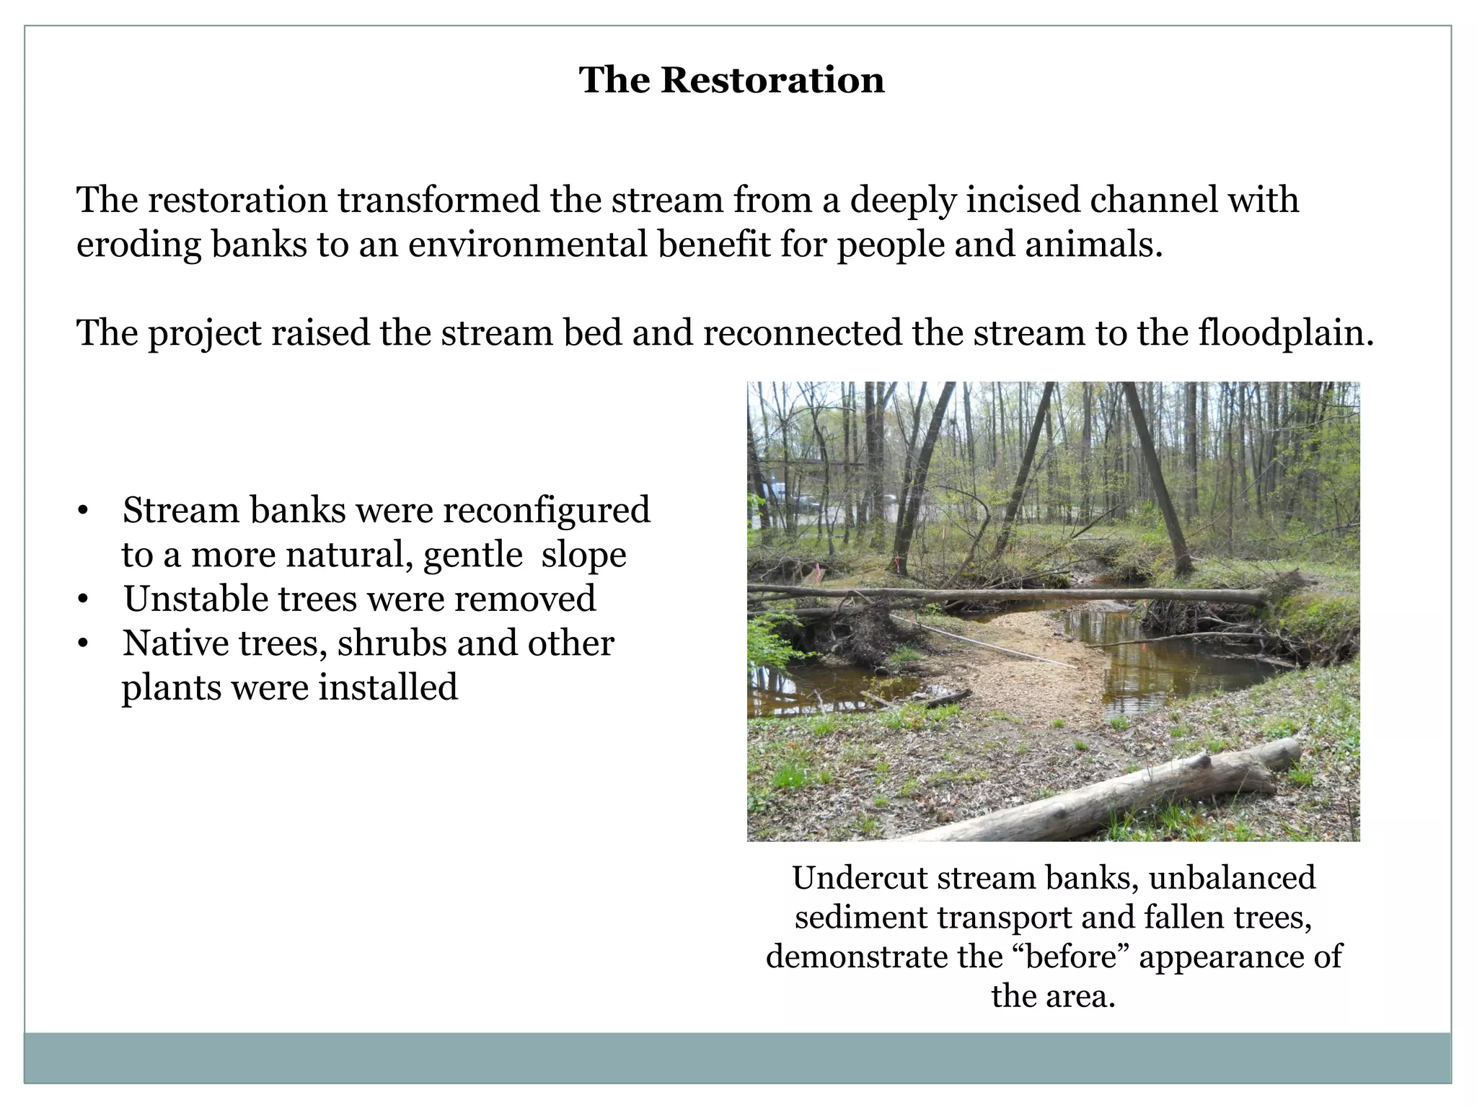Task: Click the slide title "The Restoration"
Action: [731, 79]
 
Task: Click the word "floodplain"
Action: [1285, 333]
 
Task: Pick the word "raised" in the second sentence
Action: [321, 333]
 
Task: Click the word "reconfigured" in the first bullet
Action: [546, 510]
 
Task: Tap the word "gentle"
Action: [472, 555]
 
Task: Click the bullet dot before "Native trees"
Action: [84, 643]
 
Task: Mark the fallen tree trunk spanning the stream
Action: [1010, 594]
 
